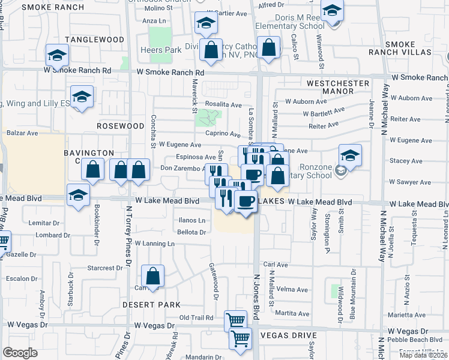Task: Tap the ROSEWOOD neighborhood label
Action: pos(121,126)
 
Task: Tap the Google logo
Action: pos(20,353)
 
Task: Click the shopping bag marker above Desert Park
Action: pos(154,277)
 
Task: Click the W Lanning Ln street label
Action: pos(154,244)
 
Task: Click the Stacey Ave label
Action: pos(406,161)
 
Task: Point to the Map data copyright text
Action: pos(423,355)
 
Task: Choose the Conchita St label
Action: pos(154,131)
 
